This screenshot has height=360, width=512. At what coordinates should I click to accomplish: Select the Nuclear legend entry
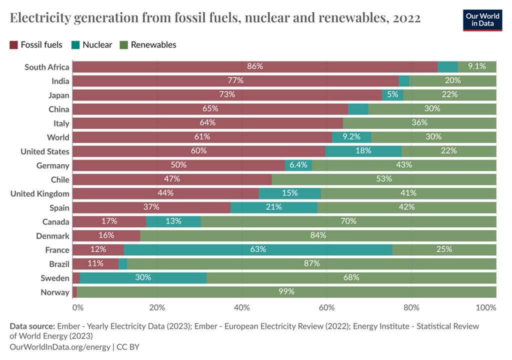(92, 45)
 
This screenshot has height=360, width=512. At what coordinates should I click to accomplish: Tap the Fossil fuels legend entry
(36, 45)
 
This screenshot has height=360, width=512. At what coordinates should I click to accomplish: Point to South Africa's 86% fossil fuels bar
(255, 67)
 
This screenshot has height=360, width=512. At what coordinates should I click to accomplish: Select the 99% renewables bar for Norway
(286, 291)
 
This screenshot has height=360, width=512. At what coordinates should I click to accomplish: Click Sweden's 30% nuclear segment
(143, 277)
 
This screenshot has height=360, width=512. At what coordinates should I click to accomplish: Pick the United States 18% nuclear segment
(363, 151)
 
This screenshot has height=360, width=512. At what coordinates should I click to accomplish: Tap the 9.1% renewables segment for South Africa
(477, 67)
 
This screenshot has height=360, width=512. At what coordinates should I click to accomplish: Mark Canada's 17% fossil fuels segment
(109, 221)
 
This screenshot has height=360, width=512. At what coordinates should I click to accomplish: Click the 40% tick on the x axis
(241, 307)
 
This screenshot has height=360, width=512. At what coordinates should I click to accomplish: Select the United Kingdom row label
(40, 193)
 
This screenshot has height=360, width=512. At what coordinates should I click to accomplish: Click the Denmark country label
(52, 235)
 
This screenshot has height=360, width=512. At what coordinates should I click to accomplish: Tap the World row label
(58, 137)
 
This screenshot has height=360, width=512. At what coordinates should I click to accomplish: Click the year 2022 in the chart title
(406, 18)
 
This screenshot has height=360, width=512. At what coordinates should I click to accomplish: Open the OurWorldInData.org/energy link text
(60, 346)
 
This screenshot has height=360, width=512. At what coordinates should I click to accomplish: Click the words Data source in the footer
(32, 326)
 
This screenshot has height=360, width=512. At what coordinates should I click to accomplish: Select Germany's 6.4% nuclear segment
(298, 165)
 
